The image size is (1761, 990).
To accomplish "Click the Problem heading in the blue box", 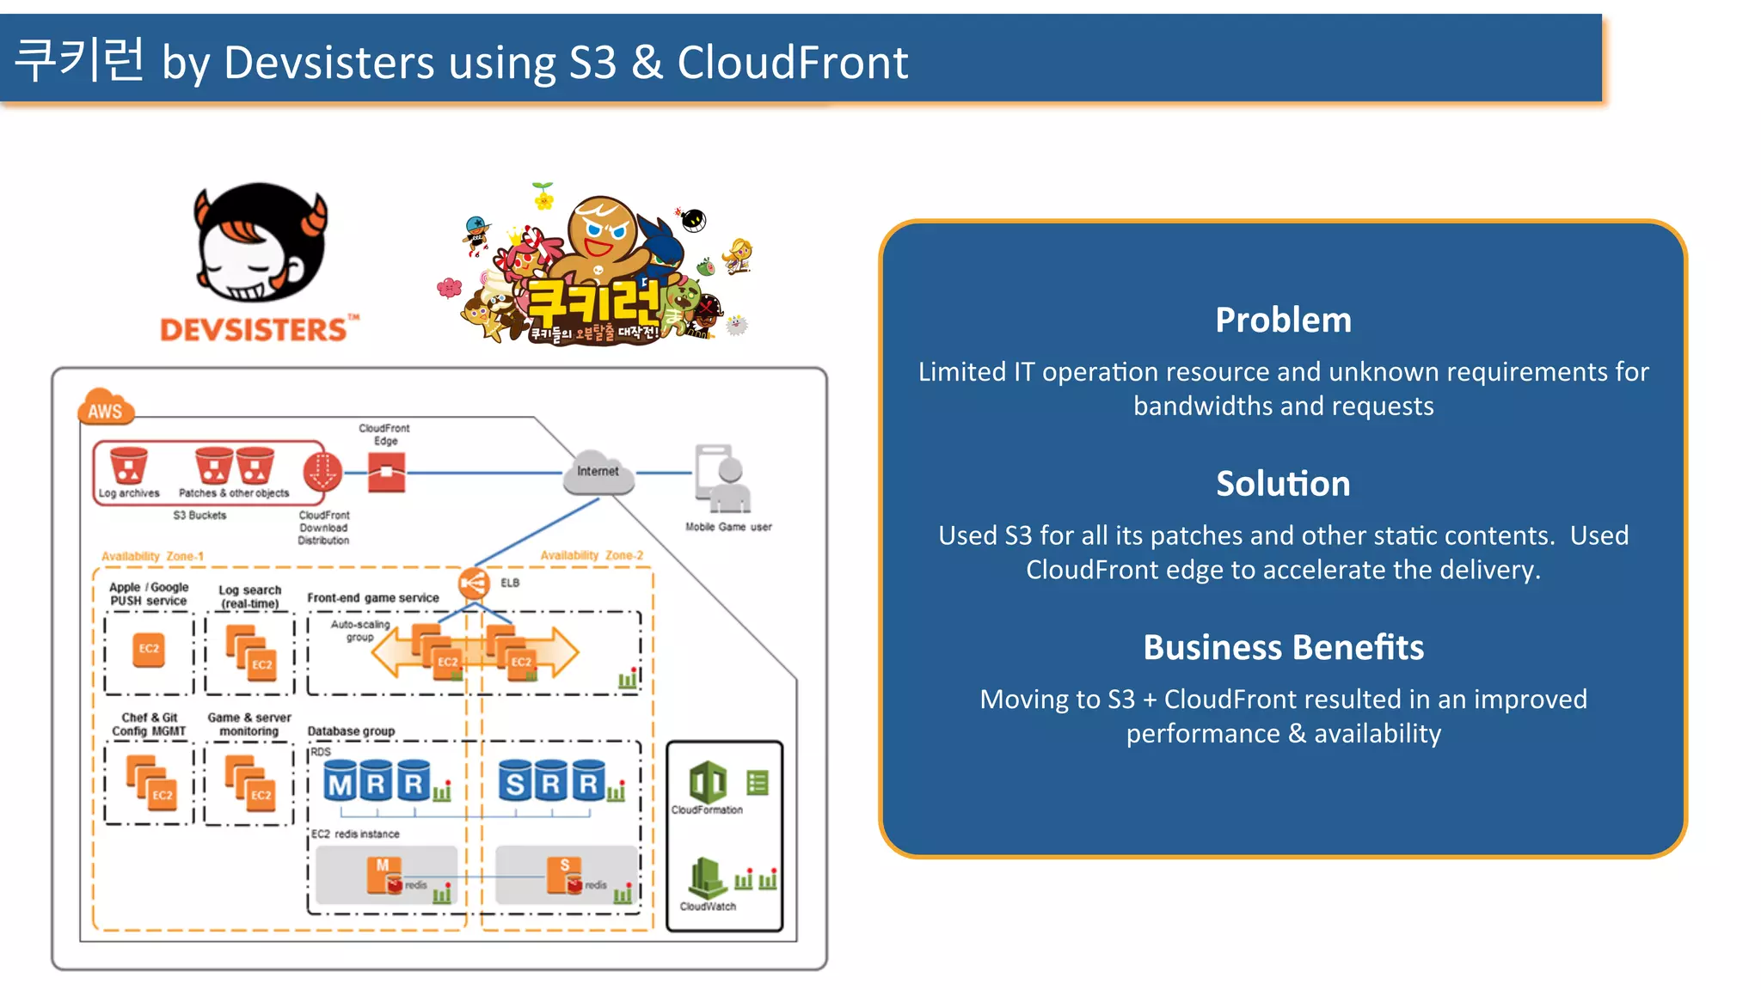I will tap(1283, 321).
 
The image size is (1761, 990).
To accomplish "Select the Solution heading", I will tap(1283, 484).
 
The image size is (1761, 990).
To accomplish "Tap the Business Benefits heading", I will tap(1283, 647).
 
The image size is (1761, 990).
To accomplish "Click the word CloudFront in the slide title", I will tap(792, 63).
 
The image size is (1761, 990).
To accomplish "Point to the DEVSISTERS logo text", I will tap(255, 330).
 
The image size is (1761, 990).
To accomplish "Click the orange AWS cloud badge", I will tap(106, 409).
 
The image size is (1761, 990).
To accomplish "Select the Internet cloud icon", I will tap(598, 472).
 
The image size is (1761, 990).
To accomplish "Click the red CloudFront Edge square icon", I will tap(386, 473).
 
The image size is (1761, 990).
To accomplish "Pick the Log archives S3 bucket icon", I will tap(128, 467).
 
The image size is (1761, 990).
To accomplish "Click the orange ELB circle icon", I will tap(473, 584).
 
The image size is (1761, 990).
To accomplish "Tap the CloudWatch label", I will tap(708, 906).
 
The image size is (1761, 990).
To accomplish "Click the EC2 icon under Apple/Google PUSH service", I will tap(149, 649).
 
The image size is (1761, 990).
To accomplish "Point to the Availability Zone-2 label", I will tap(592, 555).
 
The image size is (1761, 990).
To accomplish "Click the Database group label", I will tap(351, 731).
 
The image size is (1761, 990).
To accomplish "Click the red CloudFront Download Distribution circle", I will tap(322, 471).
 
